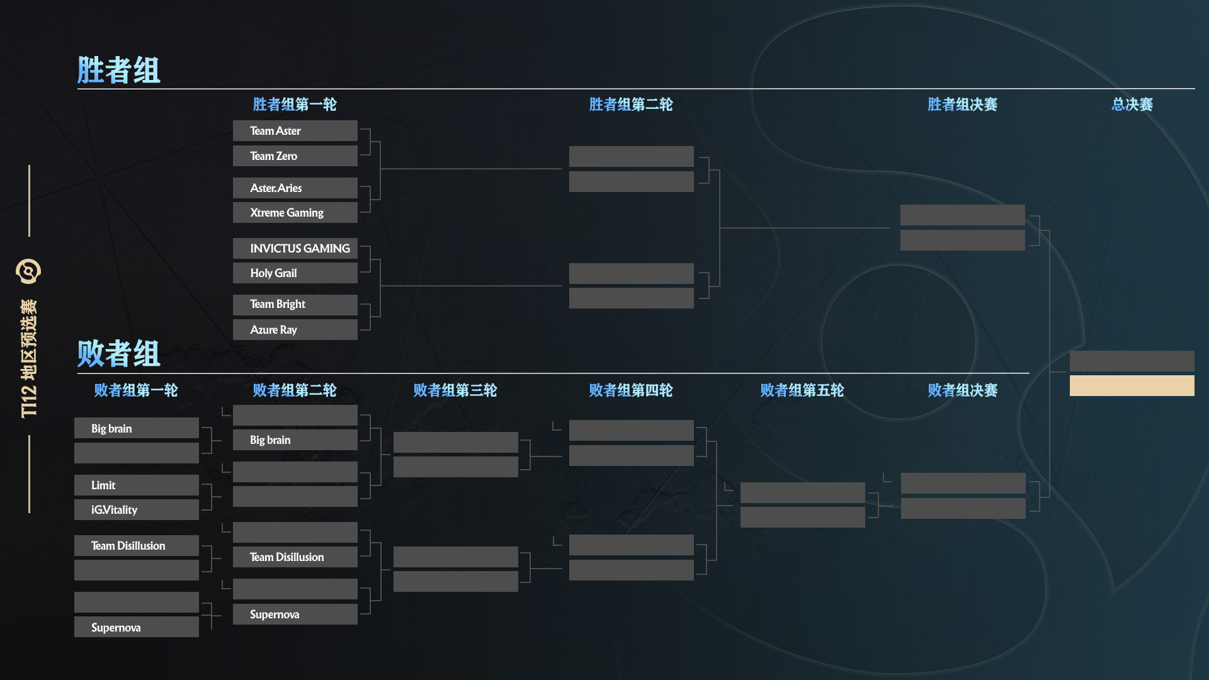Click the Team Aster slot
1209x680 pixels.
point(295,130)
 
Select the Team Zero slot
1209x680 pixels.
point(295,156)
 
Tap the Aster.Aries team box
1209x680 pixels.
point(295,188)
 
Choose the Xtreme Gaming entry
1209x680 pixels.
point(295,212)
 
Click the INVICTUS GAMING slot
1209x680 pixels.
point(295,248)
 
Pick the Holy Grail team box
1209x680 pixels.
point(295,273)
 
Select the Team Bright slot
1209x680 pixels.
point(295,305)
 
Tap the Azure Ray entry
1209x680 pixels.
point(295,329)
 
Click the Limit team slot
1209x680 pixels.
point(136,485)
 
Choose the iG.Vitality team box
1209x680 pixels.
point(136,509)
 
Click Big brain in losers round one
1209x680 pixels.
point(136,428)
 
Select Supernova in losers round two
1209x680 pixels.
point(295,614)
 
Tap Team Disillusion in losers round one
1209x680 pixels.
point(136,545)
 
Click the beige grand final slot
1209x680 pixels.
point(1132,385)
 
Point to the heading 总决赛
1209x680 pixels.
point(1132,105)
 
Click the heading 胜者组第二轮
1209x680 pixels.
point(631,105)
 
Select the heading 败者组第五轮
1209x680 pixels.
point(802,390)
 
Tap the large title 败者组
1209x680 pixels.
point(118,353)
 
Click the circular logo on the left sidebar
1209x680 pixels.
point(28,271)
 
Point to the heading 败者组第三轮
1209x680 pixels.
point(455,390)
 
